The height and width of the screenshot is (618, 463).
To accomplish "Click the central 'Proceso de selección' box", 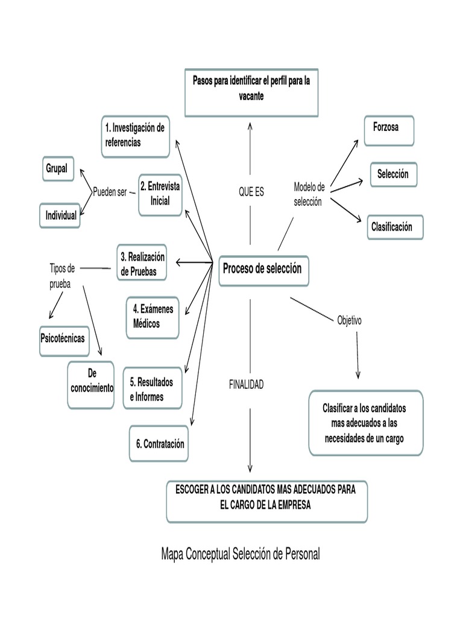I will click(263, 269).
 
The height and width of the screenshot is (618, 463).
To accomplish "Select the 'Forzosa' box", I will click(389, 129).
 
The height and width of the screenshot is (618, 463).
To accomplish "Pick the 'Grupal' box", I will click(57, 168).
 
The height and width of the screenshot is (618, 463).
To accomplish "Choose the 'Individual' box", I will click(60, 215).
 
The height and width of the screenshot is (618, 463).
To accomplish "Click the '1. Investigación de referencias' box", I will click(135, 136).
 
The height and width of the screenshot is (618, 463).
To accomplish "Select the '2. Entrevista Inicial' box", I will click(160, 194).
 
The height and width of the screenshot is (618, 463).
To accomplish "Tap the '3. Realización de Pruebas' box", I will click(141, 264).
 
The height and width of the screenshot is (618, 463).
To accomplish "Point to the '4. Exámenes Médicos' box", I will click(153, 317).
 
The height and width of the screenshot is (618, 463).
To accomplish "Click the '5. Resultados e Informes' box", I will click(151, 389).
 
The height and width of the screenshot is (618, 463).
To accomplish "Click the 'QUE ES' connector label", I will click(251, 192).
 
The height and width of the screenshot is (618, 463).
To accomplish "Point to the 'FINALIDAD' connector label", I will click(246, 384).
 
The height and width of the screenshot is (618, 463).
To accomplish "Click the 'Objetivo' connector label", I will click(349, 320).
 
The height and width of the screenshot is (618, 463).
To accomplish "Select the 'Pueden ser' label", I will click(110, 192).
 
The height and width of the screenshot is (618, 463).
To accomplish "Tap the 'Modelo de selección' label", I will click(309, 194).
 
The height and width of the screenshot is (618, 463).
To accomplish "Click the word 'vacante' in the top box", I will click(251, 97).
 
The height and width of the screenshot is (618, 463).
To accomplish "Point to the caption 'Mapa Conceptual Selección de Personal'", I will click(241, 553).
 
